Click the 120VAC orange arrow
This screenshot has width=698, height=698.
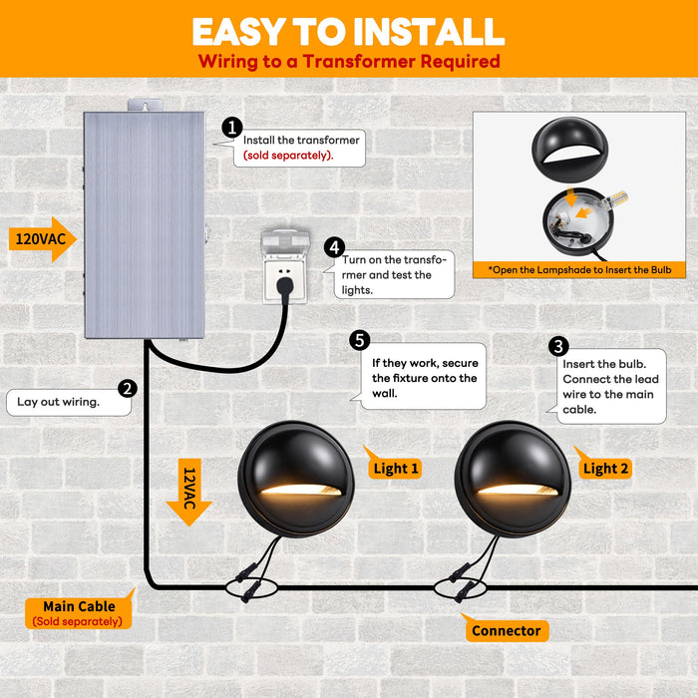tap(43, 239)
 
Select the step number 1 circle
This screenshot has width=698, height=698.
tap(232, 128)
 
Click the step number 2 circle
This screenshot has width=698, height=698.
tap(128, 389)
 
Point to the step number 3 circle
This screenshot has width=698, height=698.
tap(558, 346)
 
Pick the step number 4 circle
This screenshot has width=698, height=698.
tap(335, 247)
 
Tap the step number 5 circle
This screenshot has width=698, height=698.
tap(360, 341)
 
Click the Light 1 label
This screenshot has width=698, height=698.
tap(395, 468)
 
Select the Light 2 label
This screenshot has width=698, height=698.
tap(605, 468)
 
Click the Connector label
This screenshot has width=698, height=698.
tap(507, 630)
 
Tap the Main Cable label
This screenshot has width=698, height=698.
tap(79, 612)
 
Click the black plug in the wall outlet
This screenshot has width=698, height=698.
tap(285, 286)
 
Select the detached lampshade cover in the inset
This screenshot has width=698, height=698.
tap(569, 150)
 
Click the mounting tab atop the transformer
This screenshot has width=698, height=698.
tap(145, 105)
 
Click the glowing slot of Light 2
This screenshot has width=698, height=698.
tap(518, 490)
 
